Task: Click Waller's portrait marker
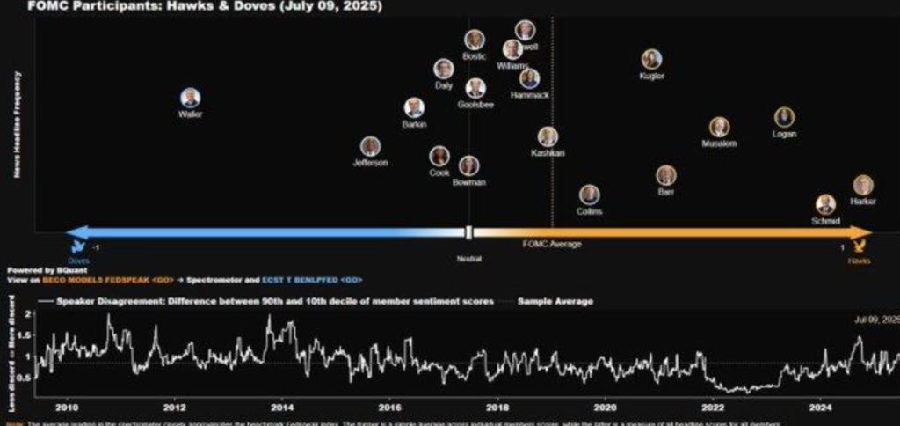(190, 98)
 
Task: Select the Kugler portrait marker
(651, 59)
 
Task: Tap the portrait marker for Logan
(784, 117)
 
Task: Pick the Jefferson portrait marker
(370, 146)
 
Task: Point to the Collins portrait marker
(589, 195)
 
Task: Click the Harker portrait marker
(863, 185)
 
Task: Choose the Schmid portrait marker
(825, 204)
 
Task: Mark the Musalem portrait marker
(719, 127)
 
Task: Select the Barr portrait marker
(666, 175)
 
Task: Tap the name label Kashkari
(548, 153)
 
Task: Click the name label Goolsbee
(475, 105)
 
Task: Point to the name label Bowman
(468, 182)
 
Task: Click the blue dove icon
(77, 234)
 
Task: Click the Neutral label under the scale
(468, 259)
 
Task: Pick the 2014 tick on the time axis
(281, 408)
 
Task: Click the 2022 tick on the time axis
(712, 408)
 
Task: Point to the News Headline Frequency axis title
(17, 123)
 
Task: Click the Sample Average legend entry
(555, 301)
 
